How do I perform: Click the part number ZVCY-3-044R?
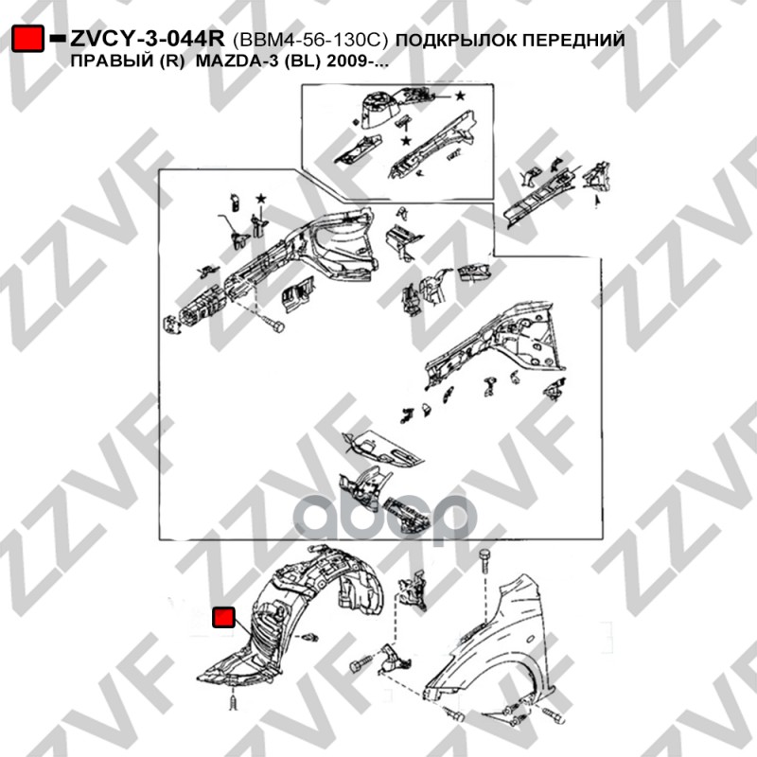[x=148, y=39]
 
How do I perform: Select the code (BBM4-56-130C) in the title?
[x=311, y=40]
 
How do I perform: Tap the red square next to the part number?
[x=28, y=39]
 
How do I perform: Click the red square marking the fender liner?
[x=223, y=618]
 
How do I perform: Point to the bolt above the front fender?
[x=484, y=561]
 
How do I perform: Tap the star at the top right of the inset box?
[x=460, y=96]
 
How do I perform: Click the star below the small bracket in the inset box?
[x=406, y=140]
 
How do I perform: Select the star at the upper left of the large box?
[x=261, y=198]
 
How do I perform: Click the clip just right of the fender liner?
[x=309, y=637]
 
